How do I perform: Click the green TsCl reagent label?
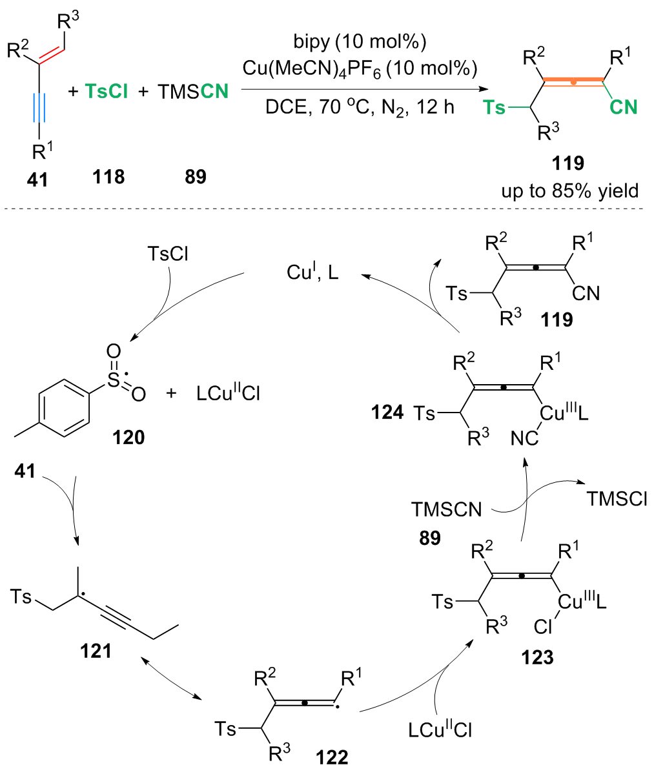106,92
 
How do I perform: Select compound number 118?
108,176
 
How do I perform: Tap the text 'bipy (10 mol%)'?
359,43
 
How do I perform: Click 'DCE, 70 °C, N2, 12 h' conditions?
359,107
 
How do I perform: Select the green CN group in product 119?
623,107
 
